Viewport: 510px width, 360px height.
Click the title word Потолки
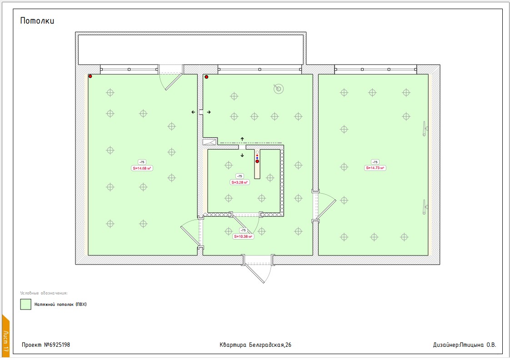click(37, 21)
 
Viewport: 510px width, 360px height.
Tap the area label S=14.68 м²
click(142, 168)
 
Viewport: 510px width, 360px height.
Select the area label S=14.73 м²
click(375, 168)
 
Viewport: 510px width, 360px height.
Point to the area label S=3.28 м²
click(240, 182)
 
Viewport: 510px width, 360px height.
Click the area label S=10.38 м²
click(243, 236)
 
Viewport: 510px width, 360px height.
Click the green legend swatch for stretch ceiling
click(26, 305)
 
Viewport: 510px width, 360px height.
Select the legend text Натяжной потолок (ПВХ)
click(60, 305)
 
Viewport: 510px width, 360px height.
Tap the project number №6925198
click(57, 345)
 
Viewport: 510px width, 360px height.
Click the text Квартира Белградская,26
click(255, 345)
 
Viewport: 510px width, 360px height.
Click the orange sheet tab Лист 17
click(5, 338)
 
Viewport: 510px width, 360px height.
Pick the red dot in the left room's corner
click(90, 76)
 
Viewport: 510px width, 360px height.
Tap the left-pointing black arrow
click(193, 112)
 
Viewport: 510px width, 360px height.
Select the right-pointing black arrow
click(209, 112)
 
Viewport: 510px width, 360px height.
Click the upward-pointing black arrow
click(242, 139)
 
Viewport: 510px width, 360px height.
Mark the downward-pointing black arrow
click(242, 155)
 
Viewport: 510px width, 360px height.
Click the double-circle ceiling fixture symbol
click(279, 89)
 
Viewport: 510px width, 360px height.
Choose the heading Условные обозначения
click(44, 293)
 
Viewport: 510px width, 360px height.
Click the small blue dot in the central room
click(257, 158)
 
